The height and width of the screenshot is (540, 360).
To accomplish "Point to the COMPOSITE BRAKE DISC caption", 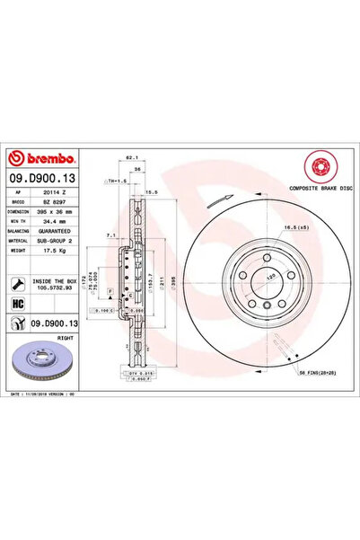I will click(x=315, y=190).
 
